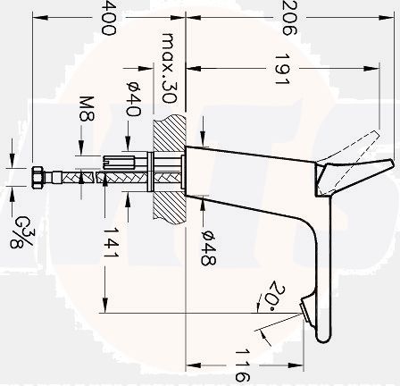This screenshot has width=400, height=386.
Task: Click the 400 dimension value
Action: click(x=107, y=17)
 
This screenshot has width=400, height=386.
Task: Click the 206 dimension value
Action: click(x=287, y=17)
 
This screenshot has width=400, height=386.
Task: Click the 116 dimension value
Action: click(x=242, y=365)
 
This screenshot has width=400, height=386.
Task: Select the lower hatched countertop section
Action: click(x=167, y=204)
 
